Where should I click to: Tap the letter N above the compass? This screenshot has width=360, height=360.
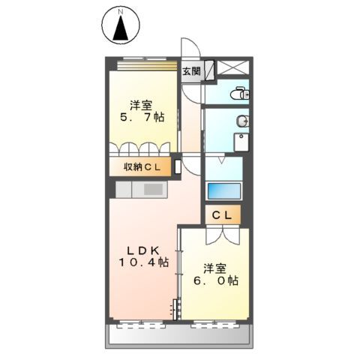point(120,11)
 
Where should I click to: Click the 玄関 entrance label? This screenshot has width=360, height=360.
point(191,72)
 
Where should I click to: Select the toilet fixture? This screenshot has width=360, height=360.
point(241,94)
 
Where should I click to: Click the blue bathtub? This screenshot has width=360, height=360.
point(222,190)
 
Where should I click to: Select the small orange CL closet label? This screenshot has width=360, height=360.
point(221,216)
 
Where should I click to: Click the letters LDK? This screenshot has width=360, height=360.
point(142,250)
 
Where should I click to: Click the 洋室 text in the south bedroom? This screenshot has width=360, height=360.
point(214,267)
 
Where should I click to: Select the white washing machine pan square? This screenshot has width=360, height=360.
point(242,142)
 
